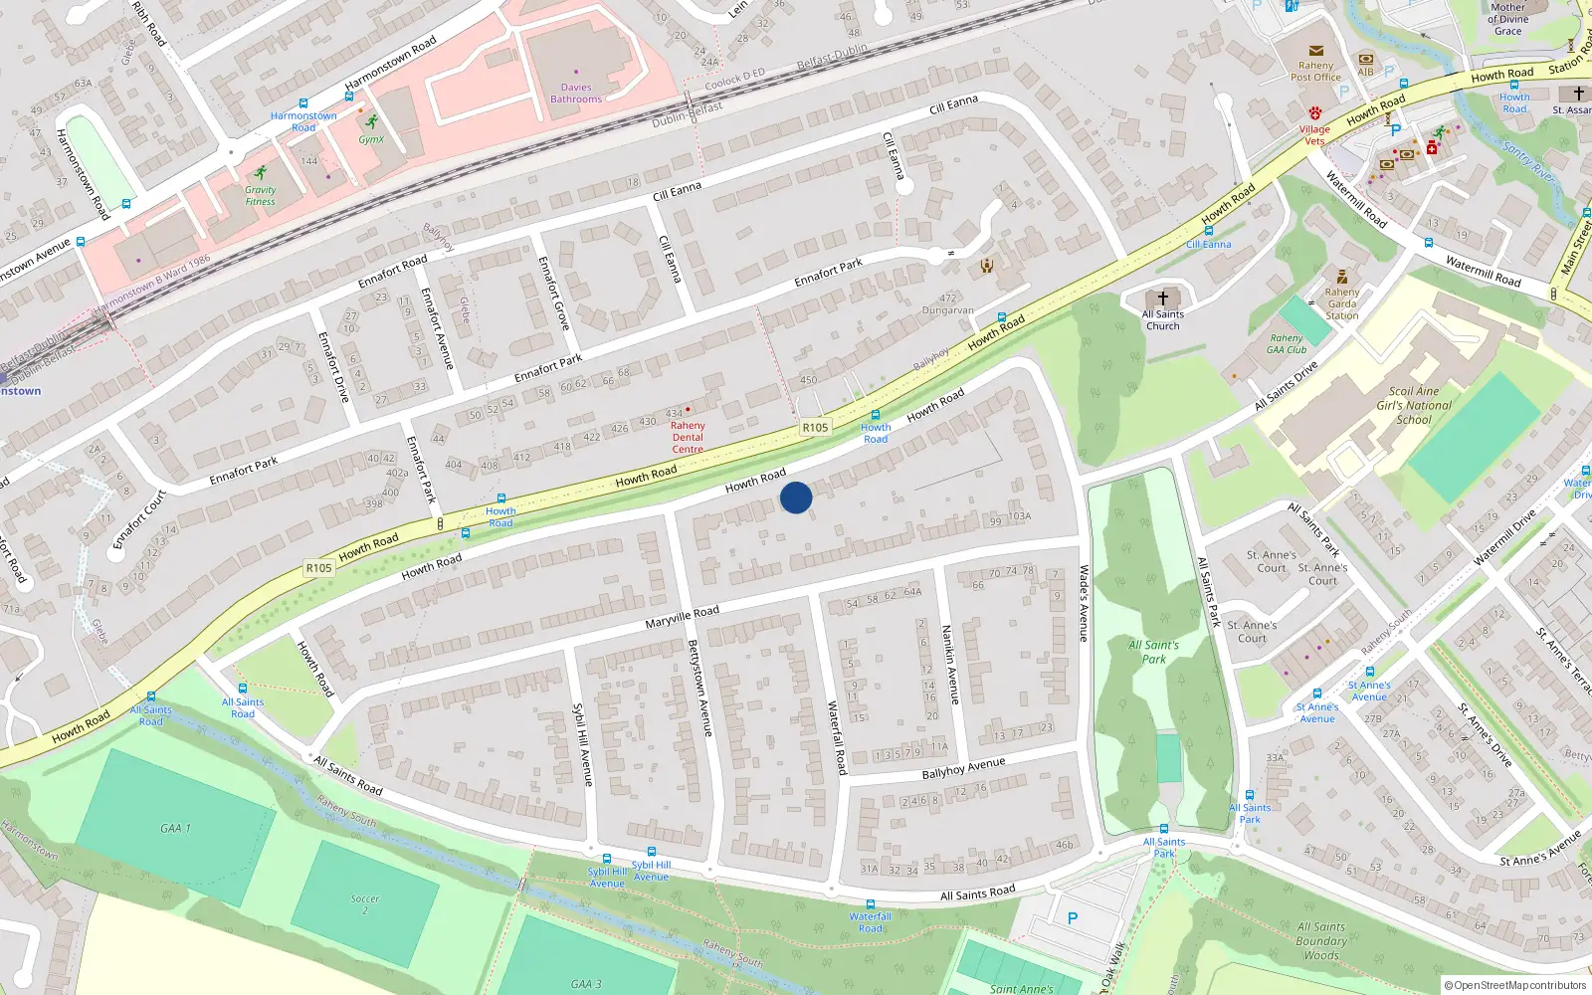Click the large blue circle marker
click(x=796, y=497)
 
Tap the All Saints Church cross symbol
click(x=1162, y=298)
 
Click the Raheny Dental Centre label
click(x=688, y=437)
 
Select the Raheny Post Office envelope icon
click(x=1315, y=50)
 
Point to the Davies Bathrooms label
click(x=576, y=94)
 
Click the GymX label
click(x=371, y=139)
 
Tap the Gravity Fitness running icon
click(x=261, y=172)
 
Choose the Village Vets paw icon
click(x=1314, y=113)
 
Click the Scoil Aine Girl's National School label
click(x=1414, y=405)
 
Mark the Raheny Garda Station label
click(x=1341, y=303)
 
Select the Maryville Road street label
click(x=682, y=617)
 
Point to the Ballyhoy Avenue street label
click(x=963, y=768)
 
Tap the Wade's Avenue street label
click(x=1085, y=603)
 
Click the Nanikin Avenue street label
click(x=950, y=665)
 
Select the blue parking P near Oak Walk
click(x=1073, y=918)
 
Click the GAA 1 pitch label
click(x=175, y=828)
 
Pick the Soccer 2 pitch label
click(x=365, y=904)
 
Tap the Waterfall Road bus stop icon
click(x=871, y=904)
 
